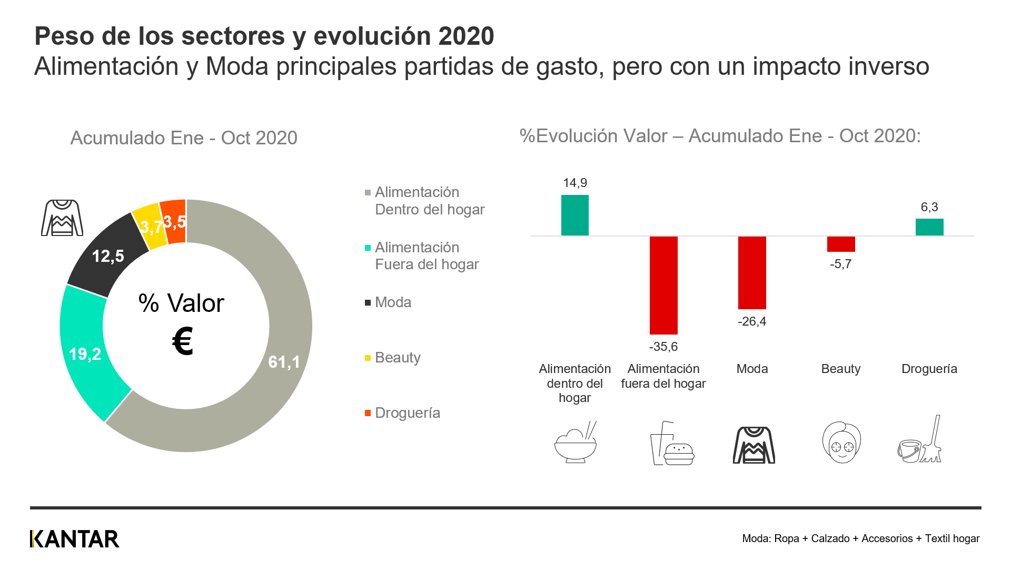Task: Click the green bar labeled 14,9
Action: tap(574, 215)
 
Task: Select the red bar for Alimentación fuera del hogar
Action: tap(663, 285)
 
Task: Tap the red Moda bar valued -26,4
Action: tap(752, 272)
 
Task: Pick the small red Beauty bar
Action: tap(841, 244)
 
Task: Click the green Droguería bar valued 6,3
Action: tap(929, 227)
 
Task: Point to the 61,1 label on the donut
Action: tap(284, 362)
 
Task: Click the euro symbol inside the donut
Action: tap(183, 341)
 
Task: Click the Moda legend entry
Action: tap(393, 302)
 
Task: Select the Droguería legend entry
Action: tap(407, 413)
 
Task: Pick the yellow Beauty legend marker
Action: tap(368, 358)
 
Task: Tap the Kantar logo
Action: tap(75, 538)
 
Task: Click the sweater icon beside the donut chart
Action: tap(62, 218)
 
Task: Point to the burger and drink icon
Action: tap(672, 444)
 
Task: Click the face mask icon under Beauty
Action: tap(841, 443)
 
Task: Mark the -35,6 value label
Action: tap(663, 347)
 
